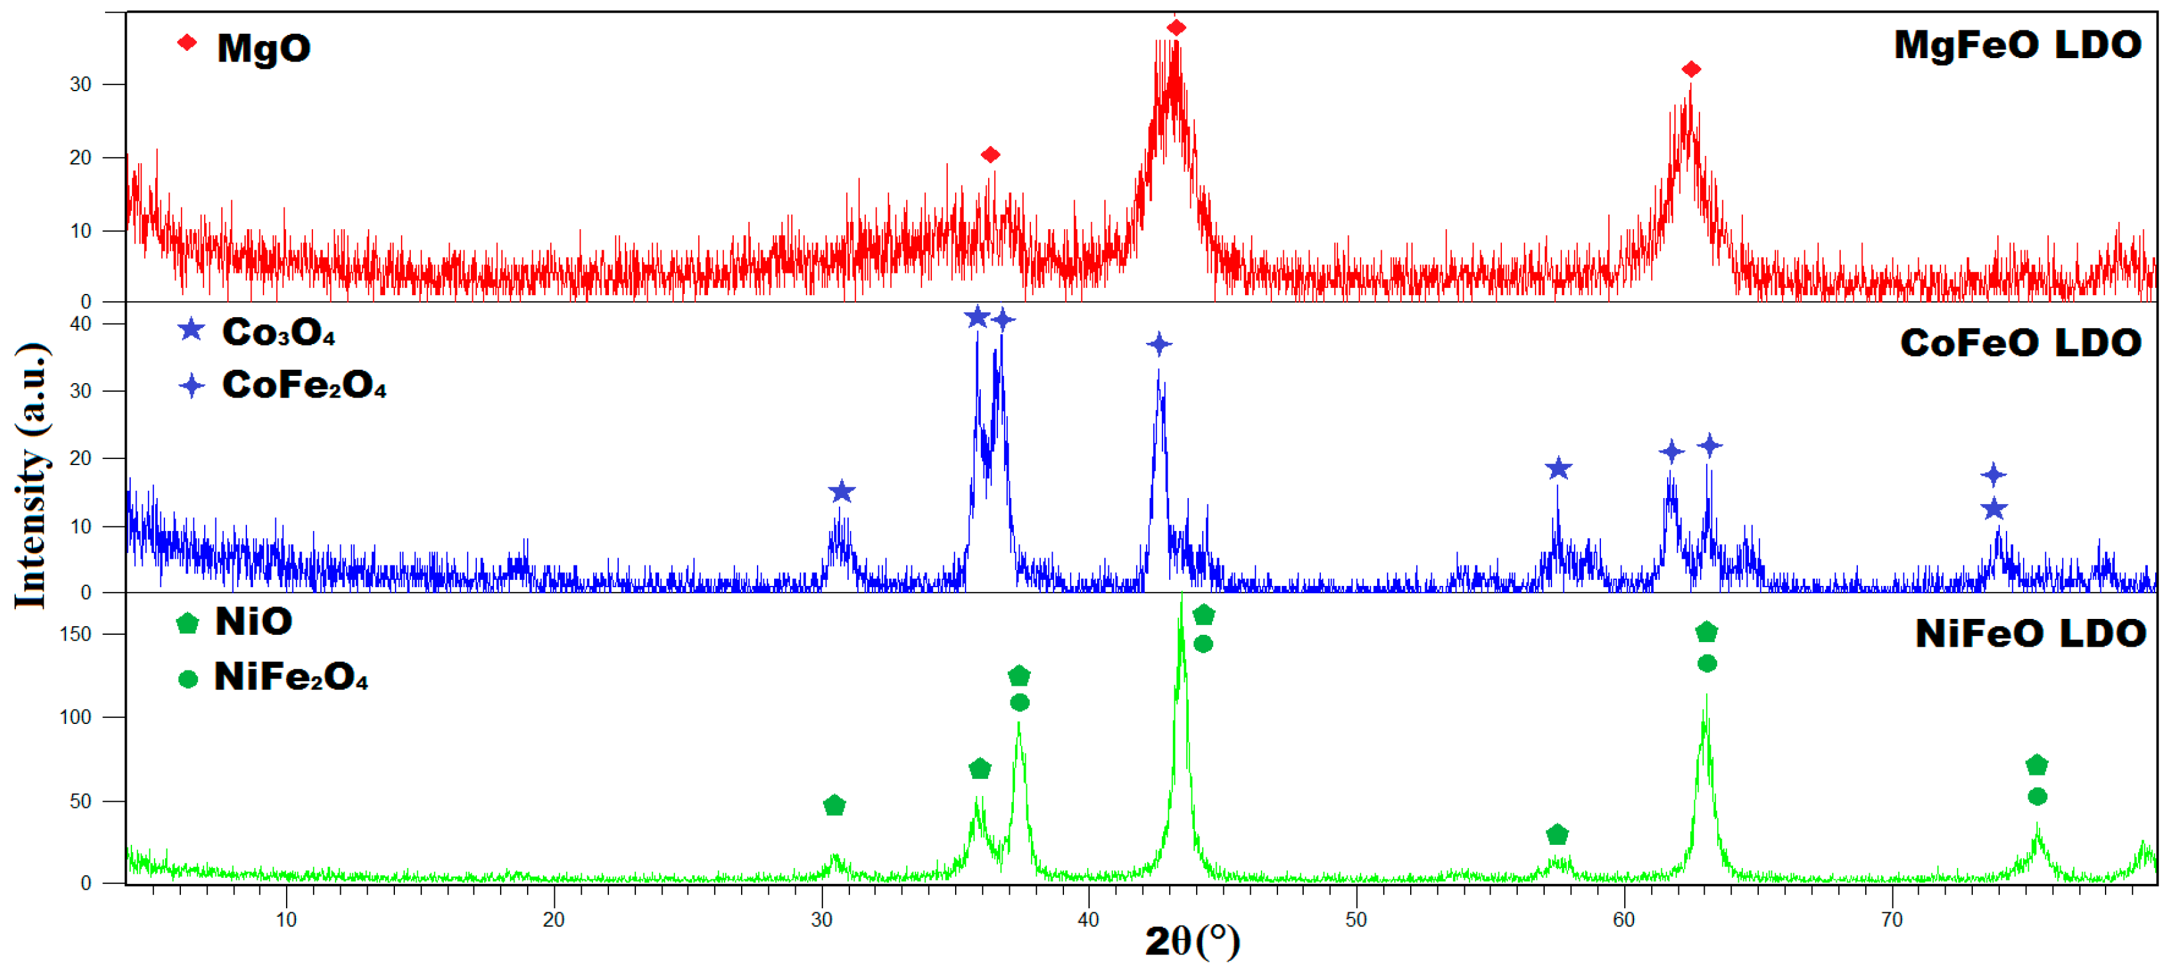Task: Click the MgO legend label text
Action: click(x=264, y=48)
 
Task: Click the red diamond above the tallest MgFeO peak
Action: click(x=1176, y=28)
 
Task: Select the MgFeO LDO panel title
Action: click(x=2016, y=45)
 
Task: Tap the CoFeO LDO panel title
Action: click(x=2020, y=343)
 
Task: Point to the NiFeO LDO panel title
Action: click(x=2030, y=633)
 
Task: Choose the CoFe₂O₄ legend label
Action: click(x=303, y=385)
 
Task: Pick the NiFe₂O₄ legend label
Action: click(x=291, y=677)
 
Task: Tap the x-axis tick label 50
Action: click(x=1355, y=919)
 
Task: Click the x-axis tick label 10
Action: click(x=286, y=919)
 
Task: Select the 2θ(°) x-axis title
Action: click(x=1192, y=941)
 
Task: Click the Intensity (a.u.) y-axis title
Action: click(x=31, y=476)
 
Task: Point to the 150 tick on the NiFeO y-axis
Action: click(x=76, y=634)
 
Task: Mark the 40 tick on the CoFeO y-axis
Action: click(x=80, y=324)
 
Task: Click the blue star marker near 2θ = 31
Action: click(x=841, y=492)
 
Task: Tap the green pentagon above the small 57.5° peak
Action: click(x=1557, y=834)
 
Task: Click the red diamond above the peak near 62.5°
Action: click(x=1691, y=69)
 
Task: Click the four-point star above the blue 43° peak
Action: click(x=1159, y=343)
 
